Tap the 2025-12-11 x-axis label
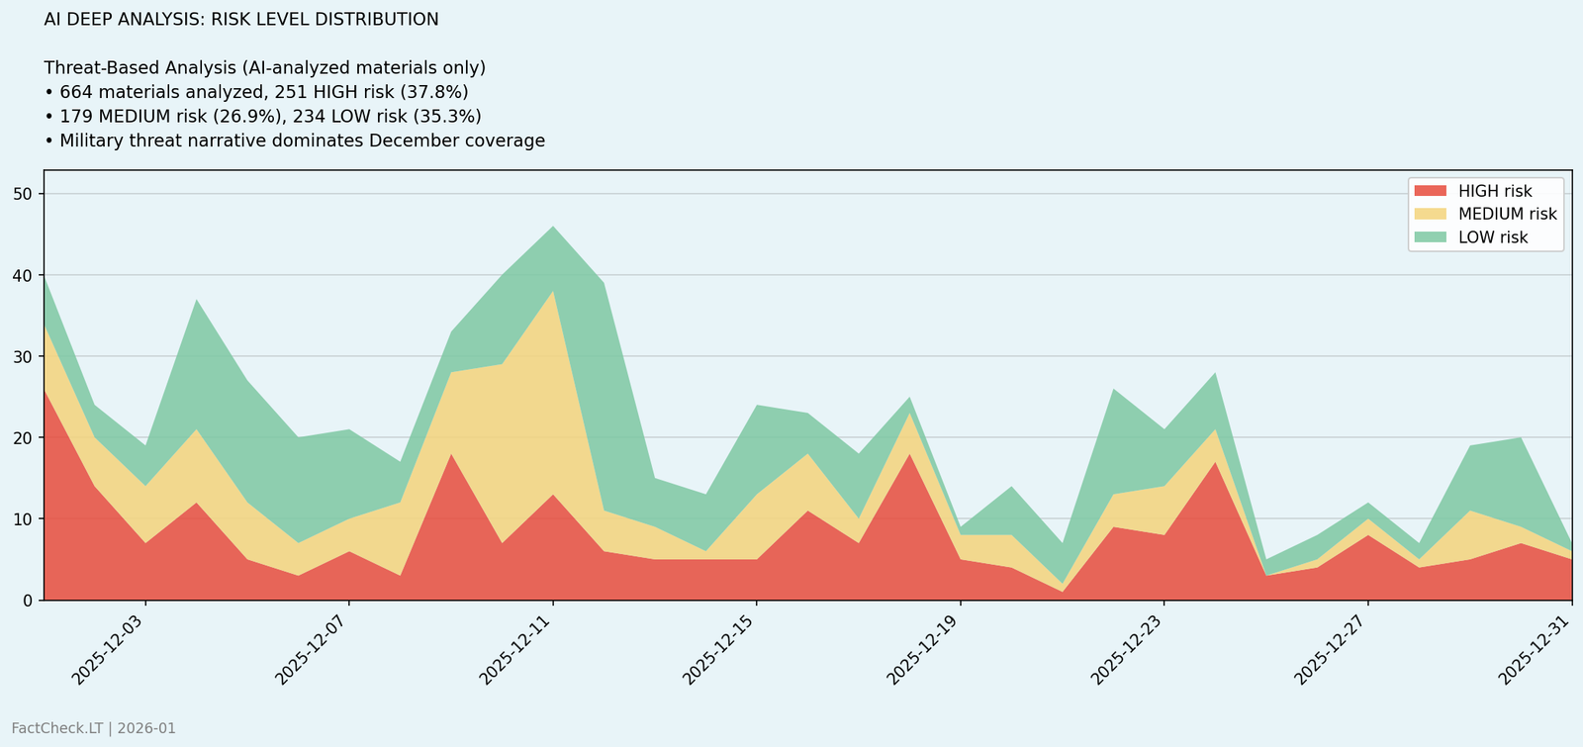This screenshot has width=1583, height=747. [517, 649]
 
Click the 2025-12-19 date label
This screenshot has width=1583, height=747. [925, 649]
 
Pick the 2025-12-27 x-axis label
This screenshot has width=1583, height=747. [1333, 649]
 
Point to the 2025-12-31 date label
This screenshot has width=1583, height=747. [1536, 649]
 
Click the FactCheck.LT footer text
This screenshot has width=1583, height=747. [94, 729]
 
